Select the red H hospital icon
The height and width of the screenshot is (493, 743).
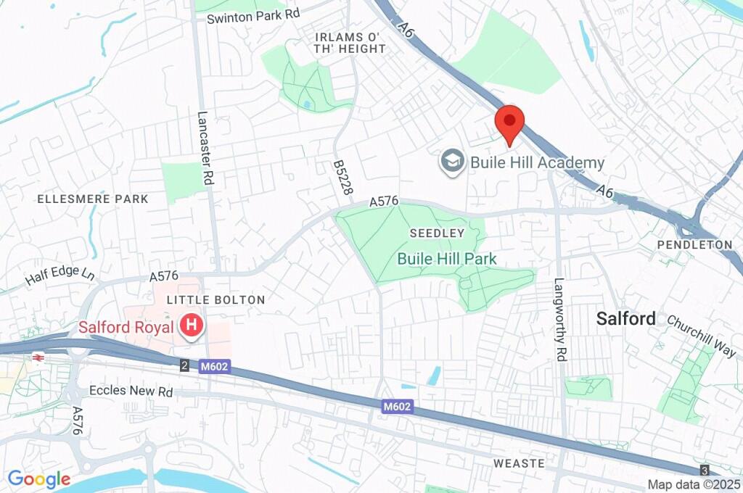[191, 326]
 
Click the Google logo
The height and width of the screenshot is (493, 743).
[38, 478]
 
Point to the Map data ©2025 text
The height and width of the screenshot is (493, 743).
[694, 484]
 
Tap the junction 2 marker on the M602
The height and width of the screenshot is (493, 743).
[185, 367]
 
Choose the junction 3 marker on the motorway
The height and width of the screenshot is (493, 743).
[703, 470]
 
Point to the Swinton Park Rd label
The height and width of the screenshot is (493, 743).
[254, 15]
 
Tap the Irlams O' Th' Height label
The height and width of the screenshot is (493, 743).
[350, 43]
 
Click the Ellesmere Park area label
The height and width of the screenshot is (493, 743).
[92, 199]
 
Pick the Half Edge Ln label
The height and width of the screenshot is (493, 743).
[60, 275]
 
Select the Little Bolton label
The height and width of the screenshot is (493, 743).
[215, 299]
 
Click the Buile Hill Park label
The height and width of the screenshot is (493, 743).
[446, 259]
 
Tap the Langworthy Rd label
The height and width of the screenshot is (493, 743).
[559, 310]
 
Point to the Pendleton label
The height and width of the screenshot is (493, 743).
[694, 244]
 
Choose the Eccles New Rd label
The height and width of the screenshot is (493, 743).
[131, 391]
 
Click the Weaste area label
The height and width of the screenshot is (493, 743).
[518, 463]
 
